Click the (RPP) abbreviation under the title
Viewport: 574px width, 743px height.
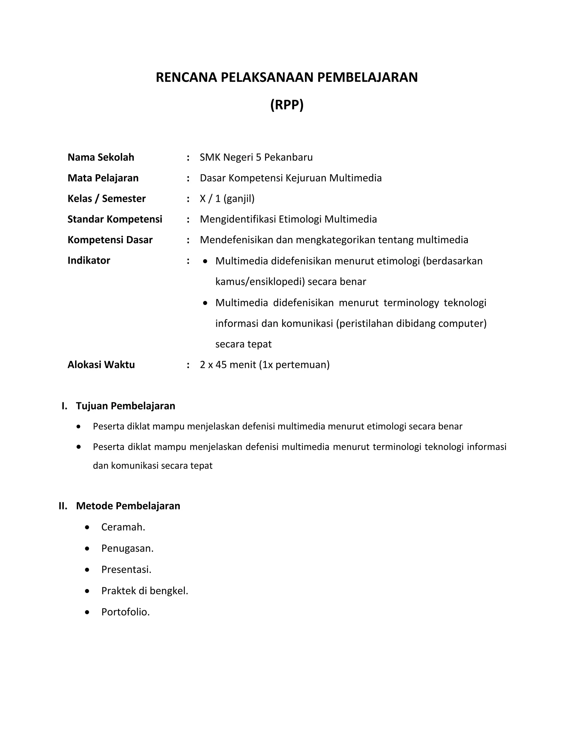click(287, 105)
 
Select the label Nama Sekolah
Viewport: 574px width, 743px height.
click(101, 157)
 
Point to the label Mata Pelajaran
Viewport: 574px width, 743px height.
click(103, 178)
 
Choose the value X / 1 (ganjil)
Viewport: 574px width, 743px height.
click(227, 199)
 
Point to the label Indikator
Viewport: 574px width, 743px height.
click(89, 260)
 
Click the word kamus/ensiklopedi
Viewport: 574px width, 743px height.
click(260, 282)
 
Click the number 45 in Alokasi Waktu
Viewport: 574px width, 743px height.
click(221, 365)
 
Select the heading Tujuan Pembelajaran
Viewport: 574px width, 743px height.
click(126, 406)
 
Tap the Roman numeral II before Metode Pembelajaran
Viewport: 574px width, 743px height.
click(63, 506)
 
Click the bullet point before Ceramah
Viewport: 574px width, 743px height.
click(87, 527)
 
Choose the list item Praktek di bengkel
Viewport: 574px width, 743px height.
click(145, 591)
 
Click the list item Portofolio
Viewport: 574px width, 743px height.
click(126, 612)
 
